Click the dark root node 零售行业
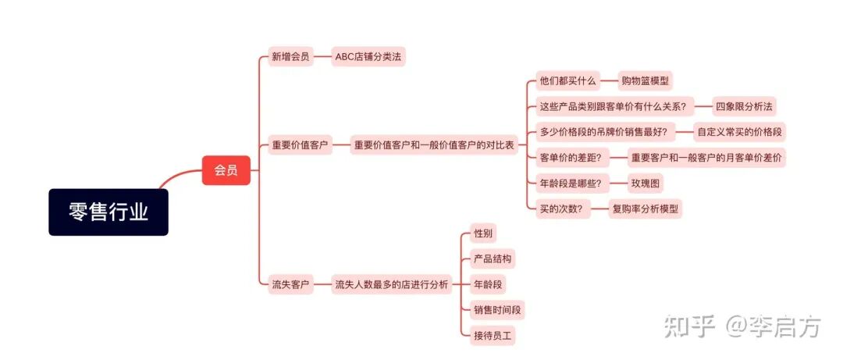pyautogui.click(x=108, y=212)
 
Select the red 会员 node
pyautogui.click(x=226, y=169)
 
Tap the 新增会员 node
pyautogui.click(x=290, y=56)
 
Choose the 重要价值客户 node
pyautogui.click(x=300, y=145)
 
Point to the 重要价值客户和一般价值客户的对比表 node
pyautogui.click(x=435, y=145)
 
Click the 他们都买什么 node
pyautogui.click(x=568, y=80)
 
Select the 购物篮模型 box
pyautogui.click(x=646, y=80)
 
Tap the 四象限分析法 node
pyautogui.click(x=745, y=106)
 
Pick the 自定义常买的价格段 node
pyautogui.click(x=740, y=131)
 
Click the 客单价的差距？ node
pyautogui.click(x=570, y=157)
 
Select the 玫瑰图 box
pyautogui.click(x=646, y=184)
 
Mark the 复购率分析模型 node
pyautogui.click(x=646, y=209)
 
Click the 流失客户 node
pyautogui.click(x=290, y=284)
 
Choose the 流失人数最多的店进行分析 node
pyautogui.click(x=392, y=284)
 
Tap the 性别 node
pyautogui.click(x=483, y=233)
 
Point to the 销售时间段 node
pyautogui.click(x=497, y=309)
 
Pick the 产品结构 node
pyautogui.click(x=493, y=258)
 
